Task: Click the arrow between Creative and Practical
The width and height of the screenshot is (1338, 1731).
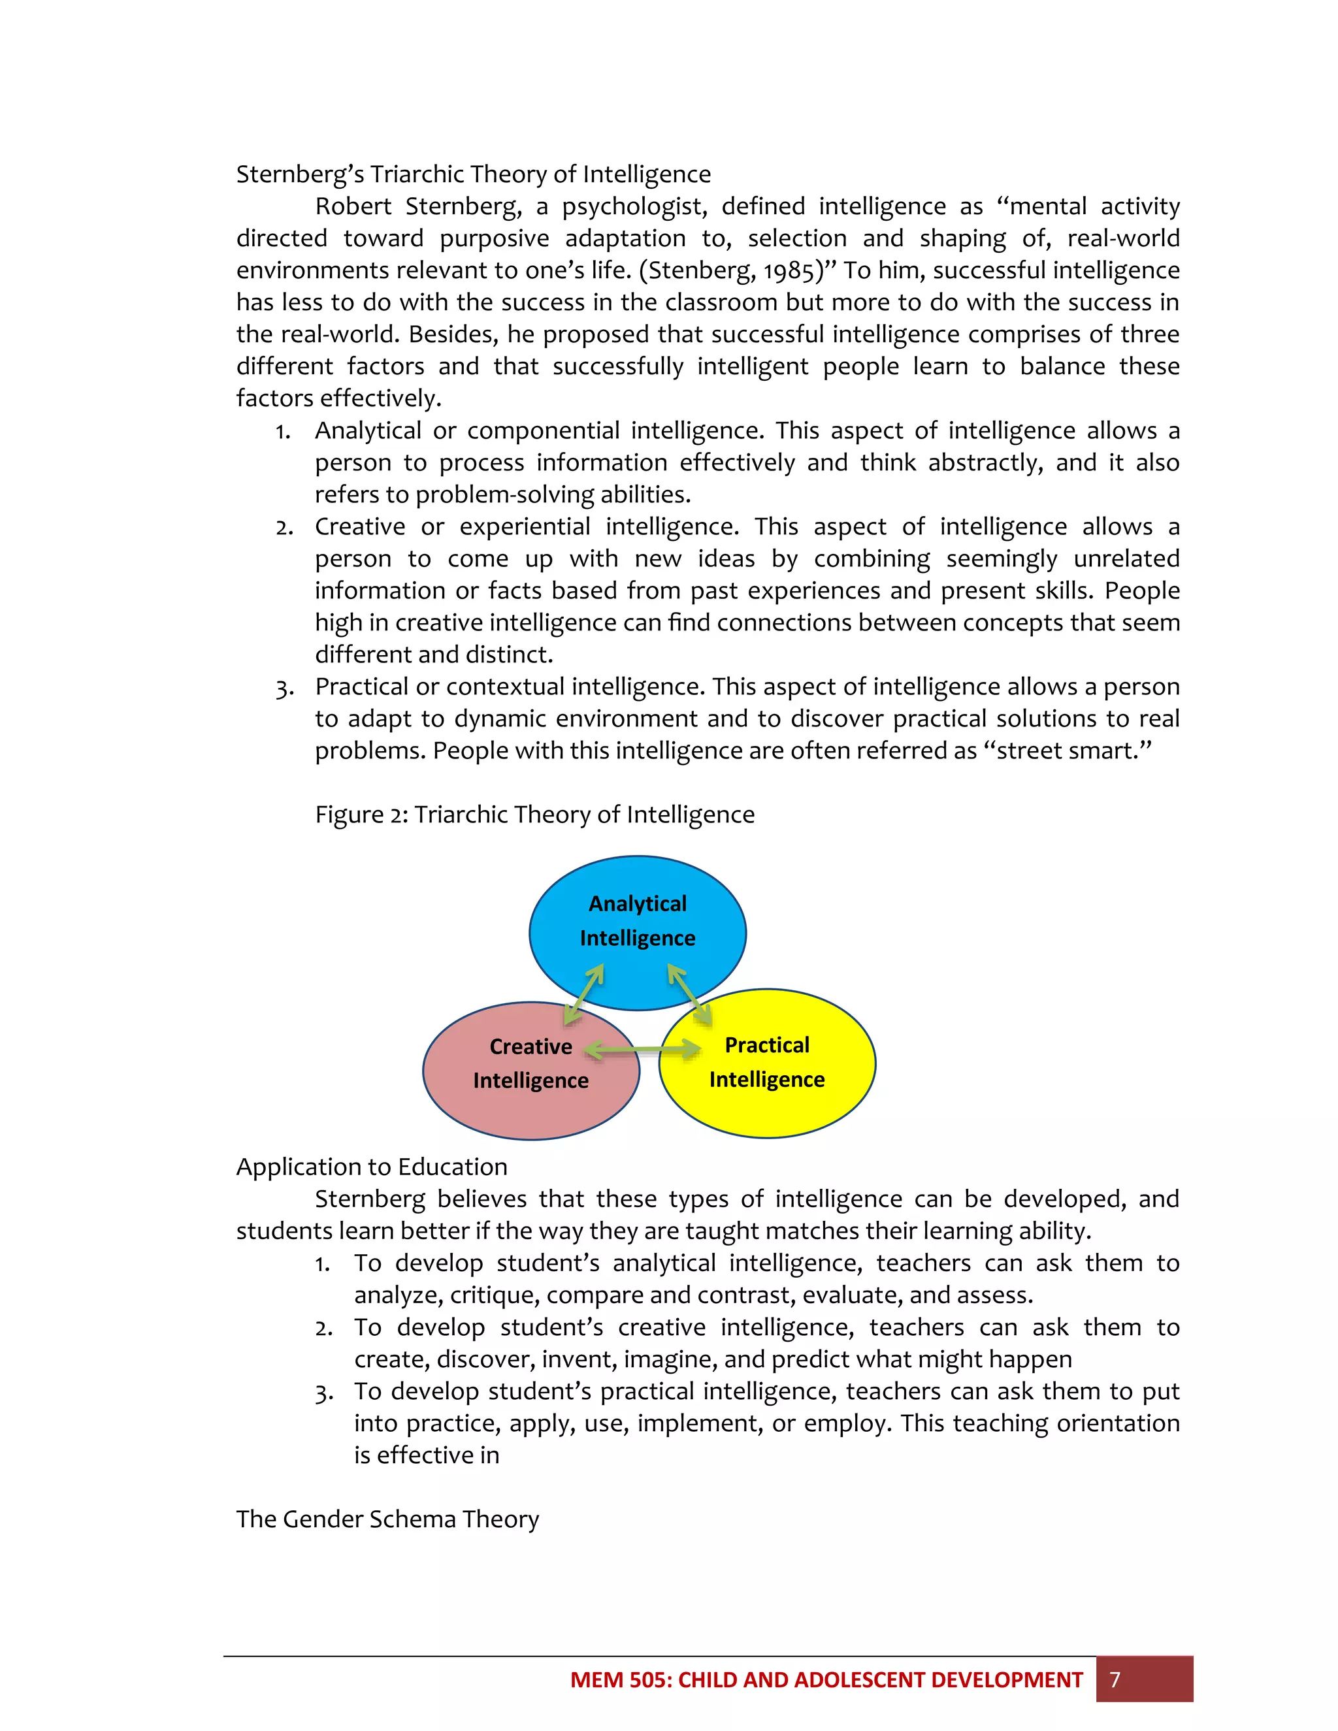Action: (x=643, y=1050)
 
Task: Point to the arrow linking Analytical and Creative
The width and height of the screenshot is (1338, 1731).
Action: (x=584, y=994)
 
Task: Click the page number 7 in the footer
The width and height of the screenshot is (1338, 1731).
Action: (x=1115, y=1679)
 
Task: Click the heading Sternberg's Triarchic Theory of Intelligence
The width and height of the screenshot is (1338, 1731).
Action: (x=473, y=174)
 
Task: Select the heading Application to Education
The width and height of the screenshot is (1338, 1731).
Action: (x=372, y=1167)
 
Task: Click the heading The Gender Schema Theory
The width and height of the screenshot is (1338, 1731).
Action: (x=387, y=1519)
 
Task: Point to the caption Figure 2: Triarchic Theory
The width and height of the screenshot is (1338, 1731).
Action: (x=534, y=814)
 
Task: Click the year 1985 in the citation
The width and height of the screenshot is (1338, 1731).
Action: (x=788, y=271)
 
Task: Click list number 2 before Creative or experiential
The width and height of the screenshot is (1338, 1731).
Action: (x=284, y=528)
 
